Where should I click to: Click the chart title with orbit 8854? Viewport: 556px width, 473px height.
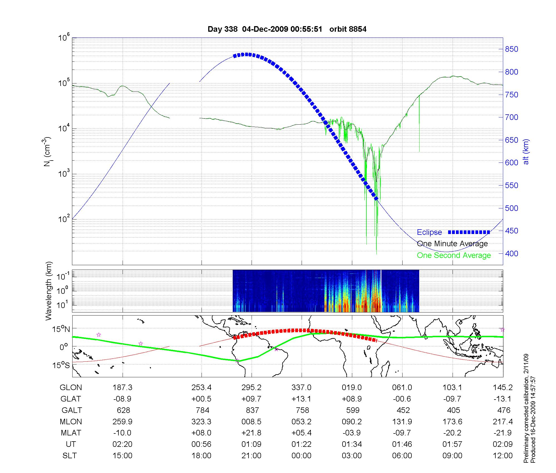pos(287,29)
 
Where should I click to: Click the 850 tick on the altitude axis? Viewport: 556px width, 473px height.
pos(512,49)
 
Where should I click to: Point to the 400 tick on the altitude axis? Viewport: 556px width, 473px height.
pos(512,253)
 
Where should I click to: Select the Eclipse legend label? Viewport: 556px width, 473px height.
pos(429,232)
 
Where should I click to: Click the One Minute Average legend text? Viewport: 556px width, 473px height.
pos(452,244)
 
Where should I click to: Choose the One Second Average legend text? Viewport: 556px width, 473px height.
pos(454,255)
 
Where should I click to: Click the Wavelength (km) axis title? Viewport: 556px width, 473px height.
pos(49,291)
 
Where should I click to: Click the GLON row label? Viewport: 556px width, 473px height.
pos(71,388)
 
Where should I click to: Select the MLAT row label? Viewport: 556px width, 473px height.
pos(71,433)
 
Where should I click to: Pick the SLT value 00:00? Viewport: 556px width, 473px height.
pos(302,456)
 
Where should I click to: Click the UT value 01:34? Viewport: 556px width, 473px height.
pos(352,444)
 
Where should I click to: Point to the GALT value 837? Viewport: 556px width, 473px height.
pos(252,410)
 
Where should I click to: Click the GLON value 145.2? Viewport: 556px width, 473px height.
pos(503,388)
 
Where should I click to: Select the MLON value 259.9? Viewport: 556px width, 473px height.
pos(122,422)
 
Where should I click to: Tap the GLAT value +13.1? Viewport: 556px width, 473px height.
pos(302,399)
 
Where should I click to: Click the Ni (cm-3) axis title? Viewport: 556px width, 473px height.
pos(47,152)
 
